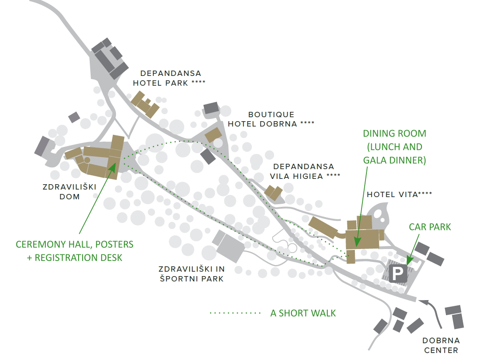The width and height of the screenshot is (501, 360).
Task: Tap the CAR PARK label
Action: pyautogui.click(x=429, y=227)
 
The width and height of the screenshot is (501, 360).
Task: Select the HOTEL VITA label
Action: pyautogui.click(x=399, y=194)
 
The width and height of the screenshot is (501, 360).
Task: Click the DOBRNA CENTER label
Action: pyautogui.click(x=441, y=345)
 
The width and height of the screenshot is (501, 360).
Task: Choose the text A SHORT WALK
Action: pyautogui.click(x=303, y=313)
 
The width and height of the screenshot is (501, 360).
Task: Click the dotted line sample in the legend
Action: pyautogui.click(x=235, y=313)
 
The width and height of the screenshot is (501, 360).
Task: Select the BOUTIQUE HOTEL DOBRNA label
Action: pyautogui.click(x=271, y=119)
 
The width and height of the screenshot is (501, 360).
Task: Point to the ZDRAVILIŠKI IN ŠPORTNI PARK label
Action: pyautogui.click(x=192, y=274)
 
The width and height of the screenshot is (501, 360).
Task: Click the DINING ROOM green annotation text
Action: pyautogui.click(x=394, y=147)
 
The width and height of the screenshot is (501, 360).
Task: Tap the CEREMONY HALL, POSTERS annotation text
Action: pyautogui.click(x=75, y=251)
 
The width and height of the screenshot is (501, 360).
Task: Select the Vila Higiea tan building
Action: pyautogui.click(x=274, y=192)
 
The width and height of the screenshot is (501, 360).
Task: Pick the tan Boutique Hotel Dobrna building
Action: pyautogui.click(x=213, y=135)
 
